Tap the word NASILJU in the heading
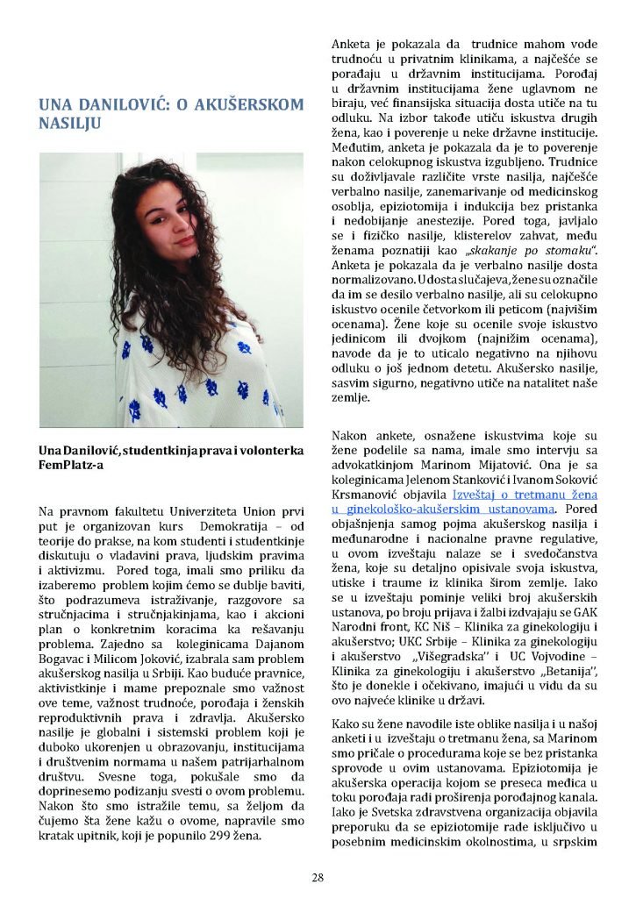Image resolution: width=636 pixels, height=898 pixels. click(70, 124)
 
